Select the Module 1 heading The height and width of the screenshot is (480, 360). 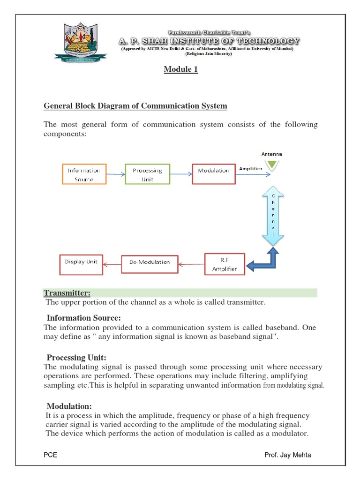[180, 69]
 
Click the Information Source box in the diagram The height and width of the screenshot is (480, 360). [84, 174]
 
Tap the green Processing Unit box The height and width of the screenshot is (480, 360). [147, 174]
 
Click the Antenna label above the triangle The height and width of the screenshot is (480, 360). [272, 154]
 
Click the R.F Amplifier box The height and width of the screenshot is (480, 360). [225, 264]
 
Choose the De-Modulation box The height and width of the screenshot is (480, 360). [150, 262]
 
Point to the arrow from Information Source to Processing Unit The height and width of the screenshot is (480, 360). [115, 174]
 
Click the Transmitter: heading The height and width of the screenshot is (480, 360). [67, 293]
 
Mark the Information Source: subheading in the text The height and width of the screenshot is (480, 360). [90, 318]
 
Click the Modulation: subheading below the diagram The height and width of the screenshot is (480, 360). [69, 406]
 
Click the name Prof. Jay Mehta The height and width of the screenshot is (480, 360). [287, 455]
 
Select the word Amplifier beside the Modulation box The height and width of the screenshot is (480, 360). [251, 169]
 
